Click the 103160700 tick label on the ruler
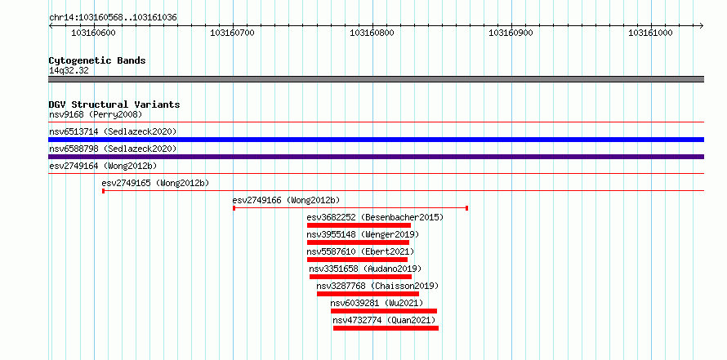pyautogui.click(x=232, y=33)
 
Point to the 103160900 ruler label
pyautogui.click(x=511, y=33)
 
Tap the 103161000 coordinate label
pyautogui.click(x=650, y=33)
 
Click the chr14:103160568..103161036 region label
pyautogui.click(x=113, y=18)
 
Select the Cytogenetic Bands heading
pyautogui.click(x=97, y=60)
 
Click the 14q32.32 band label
pyautogui.click(x=69, y=71)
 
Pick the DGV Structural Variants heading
pyautogui.click(x=114, y=104)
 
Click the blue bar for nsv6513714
pyautogui.click(x=376, y=140)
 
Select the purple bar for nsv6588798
pyautogui.click(x=376, y=157)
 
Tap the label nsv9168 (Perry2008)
pyautogui.click(x=96, y=114)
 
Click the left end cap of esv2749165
pyautogui.click(x=104, y=190)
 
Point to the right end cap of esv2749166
pyautogui.click(x=466, y=208)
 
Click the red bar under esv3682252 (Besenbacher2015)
pyautogui.click(x=359, y=225)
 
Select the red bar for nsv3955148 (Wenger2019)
pyautogui.click(x=358, y=242)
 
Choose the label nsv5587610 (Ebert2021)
pyautogui.click(x=360, y=251)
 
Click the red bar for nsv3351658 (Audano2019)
pyautogui.click(x=360, y=277)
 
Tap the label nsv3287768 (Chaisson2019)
pyautogui.click(x=377, y=286)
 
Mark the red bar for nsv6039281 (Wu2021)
pyautogui.click(x=383, y=311)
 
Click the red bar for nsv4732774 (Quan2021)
pyautogui.click(x=386, y=328)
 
